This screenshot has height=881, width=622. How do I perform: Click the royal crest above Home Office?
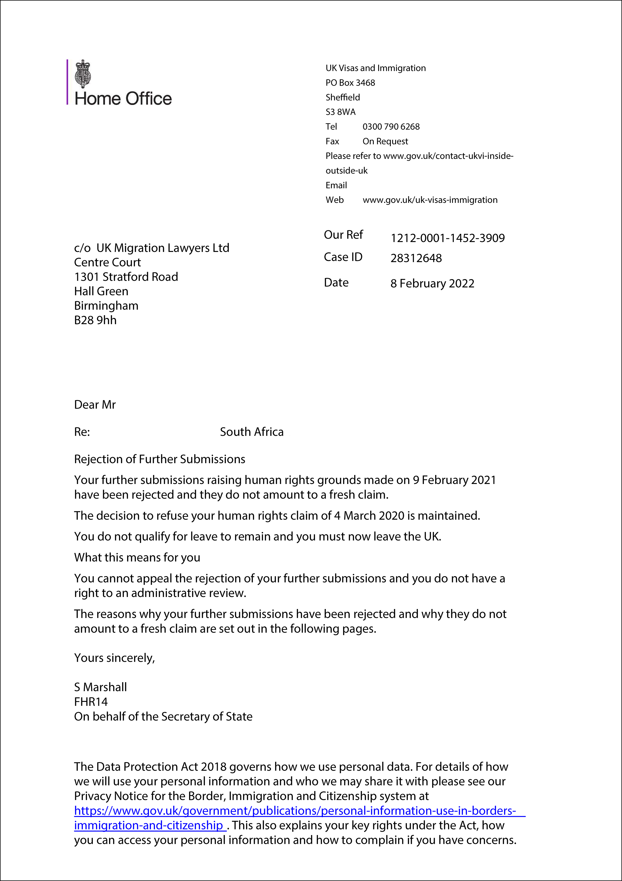click(x=83, y=74)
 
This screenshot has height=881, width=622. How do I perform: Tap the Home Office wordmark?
click(x=123, y=99)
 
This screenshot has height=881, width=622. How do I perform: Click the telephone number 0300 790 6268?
click(x=391, y=127)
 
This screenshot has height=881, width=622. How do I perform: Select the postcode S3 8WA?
click(x=340, y=112)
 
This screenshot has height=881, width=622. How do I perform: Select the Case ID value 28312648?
click(x=416, y=258)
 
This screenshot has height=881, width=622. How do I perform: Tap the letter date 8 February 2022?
click(x=432, y=284)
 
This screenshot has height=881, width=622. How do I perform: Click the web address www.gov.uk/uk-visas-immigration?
click(x=430, y=200)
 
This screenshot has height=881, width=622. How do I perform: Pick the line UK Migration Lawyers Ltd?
click(x=163, y=248)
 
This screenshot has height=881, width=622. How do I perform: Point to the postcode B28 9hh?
click(x=95, y=320)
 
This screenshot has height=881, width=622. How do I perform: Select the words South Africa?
click(x=251, y=432)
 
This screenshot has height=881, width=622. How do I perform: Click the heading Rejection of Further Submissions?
click(x=160, y=459)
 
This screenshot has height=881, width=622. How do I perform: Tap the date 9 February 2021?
click(x=454, y=480)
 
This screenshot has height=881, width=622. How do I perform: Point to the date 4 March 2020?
click(x=369, y=516)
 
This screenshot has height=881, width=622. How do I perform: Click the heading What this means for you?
click(x=137, y=558)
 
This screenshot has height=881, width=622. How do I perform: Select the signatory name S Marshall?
click(x=100, y=687)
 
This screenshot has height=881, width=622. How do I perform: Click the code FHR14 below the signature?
click(x=91, y=702)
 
